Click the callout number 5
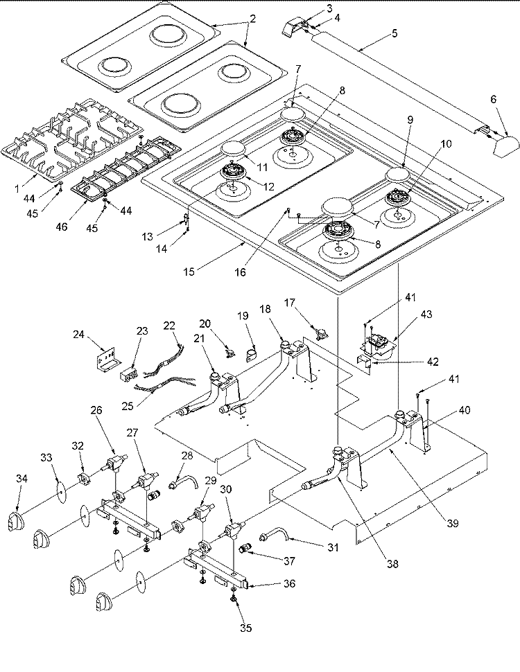[x=395, y=33]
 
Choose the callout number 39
[x=453, y=524]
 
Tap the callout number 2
[x=252, y=19]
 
